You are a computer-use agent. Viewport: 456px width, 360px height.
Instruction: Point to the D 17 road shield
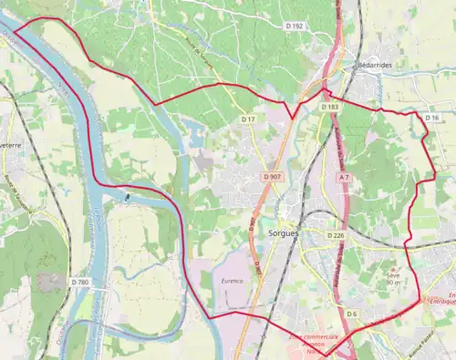point(248,119)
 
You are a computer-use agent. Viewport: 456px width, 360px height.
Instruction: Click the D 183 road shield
point(330,108)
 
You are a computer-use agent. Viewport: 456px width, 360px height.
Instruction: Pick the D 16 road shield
point(432,118)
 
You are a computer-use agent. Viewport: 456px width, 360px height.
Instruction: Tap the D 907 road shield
point(272,176)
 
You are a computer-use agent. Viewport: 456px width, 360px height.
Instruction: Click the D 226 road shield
point(336,235)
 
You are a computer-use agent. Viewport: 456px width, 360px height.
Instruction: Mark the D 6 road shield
point(351,314)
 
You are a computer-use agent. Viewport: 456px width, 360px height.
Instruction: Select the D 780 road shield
point(79,283)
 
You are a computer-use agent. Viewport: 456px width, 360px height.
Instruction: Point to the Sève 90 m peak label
point(394,276)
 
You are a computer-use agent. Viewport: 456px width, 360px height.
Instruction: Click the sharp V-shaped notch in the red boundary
point(291,117)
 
